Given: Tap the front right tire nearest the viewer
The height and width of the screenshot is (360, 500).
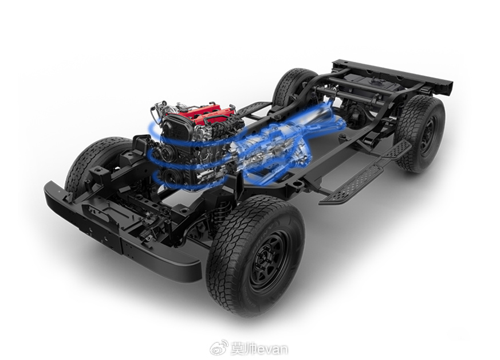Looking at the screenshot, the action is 255,256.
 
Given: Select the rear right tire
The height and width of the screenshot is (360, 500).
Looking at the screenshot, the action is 420,134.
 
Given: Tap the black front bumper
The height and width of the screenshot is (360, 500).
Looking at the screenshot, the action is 121,234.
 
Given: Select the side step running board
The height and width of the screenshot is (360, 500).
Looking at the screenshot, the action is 367,173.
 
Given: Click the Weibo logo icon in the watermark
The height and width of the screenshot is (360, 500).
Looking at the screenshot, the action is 219,347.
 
